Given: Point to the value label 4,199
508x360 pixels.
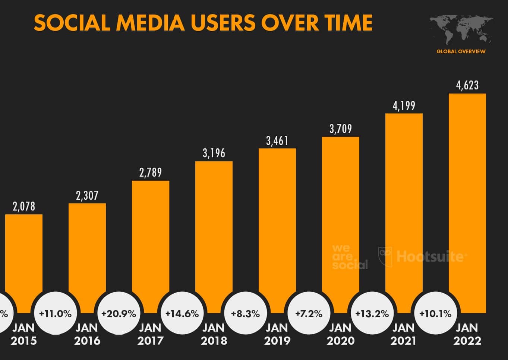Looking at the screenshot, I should tap(404, 106).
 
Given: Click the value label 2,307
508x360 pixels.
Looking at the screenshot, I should tap(87, 196).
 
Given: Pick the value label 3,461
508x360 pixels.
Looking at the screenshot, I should tap(277, 141).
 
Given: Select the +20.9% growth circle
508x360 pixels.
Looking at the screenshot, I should tap(119, 313).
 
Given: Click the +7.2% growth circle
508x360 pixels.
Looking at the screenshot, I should tap(309, 313).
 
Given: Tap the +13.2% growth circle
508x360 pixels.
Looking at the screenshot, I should tap(372, 313).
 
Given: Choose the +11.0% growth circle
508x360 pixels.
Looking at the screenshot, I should tap(55, 313).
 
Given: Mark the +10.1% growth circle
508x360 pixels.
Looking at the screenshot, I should tap(435, 313).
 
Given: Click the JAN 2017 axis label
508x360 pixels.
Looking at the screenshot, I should tap(150, 334).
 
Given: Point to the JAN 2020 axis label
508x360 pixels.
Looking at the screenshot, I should tap(340, 334).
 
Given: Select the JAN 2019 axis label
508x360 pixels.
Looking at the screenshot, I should tap(277, 334).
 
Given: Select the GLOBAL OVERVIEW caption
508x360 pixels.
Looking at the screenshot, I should tap(461, 51).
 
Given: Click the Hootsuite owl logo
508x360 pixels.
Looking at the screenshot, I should tap(385, 256).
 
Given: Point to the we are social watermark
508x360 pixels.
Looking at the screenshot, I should tap(349, 257).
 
